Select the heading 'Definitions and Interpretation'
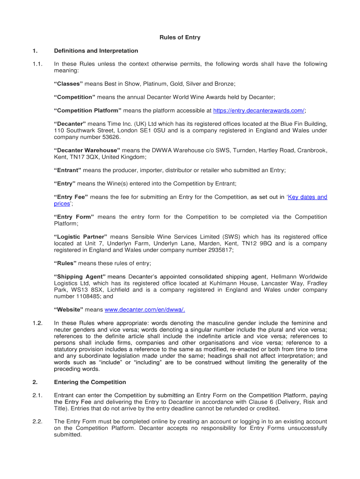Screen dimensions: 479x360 (96, 51)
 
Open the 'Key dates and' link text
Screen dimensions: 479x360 (307, 197)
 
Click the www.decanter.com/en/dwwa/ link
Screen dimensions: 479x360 (144, 310)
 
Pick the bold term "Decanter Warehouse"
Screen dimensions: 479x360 (87, 151)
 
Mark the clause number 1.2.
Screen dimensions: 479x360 (38, 323)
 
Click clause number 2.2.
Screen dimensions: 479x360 (38, 421)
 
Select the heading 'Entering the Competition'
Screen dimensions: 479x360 (90, 382)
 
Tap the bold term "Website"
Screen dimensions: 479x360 (69, 310)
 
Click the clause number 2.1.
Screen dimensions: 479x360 (38, 395)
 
